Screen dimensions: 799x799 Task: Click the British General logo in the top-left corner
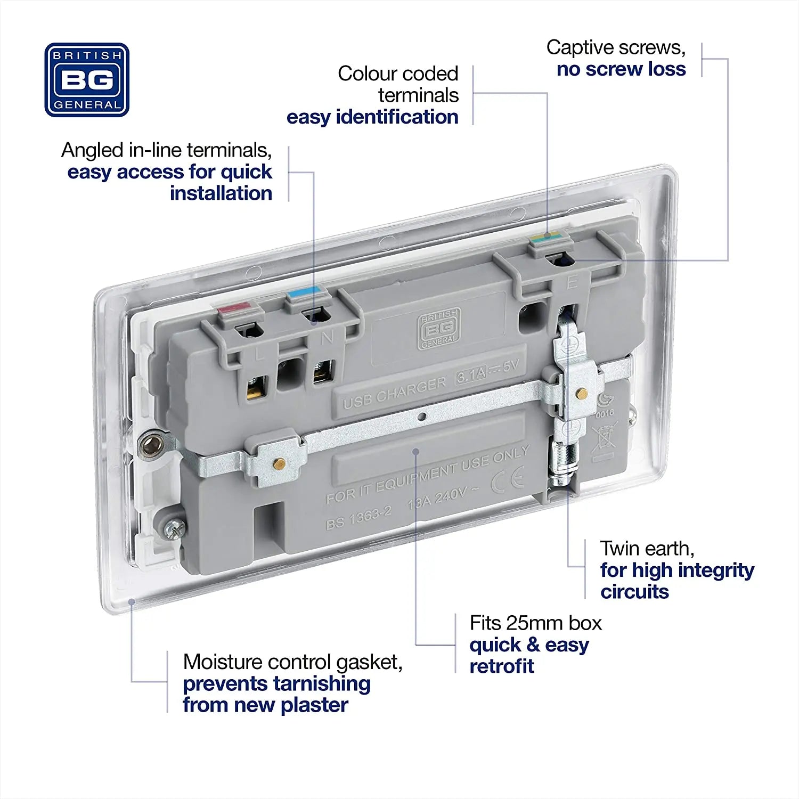click(x=87, y=80)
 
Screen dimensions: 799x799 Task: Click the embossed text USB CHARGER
click(x=395, y=393)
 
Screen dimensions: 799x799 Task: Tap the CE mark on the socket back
click(x=507, y=479)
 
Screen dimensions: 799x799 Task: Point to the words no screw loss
click(x=621, y=69)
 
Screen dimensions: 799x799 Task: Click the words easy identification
click(x=372, y=117)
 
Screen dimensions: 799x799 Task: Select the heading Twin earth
click(x=647, y=548)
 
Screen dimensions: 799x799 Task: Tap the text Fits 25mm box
click(x=535, y=623)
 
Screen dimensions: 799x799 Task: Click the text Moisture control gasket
click(x=292, y=662)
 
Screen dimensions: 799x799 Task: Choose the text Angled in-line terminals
click(x=166, y=150)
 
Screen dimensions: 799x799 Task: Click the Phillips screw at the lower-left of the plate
click(x=174, y=528)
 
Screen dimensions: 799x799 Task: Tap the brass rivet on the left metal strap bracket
click(x=276, y=463)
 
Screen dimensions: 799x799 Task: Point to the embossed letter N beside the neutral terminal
click(x=327, y=337)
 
